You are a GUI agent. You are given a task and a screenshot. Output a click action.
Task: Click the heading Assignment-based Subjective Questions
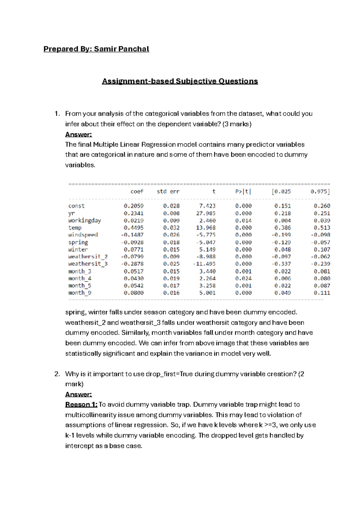[180, 81]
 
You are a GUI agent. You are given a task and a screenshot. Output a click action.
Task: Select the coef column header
[137, 191]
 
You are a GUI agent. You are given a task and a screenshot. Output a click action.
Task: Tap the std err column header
[168, 191]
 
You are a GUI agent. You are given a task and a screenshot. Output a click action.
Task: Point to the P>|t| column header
[243, 191]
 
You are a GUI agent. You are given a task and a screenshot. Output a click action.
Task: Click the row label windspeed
[83, 235]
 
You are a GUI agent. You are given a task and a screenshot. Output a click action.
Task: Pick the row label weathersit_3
[88, 264]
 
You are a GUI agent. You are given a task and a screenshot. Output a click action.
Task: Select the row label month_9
[80, 293]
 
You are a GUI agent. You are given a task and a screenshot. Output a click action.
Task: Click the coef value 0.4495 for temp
[133, 228]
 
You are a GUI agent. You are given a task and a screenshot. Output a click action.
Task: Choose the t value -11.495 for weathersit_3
[204, 264]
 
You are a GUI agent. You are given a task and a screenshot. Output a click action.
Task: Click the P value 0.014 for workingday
[243, 221]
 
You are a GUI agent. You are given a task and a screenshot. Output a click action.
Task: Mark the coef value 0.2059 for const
[133, 206]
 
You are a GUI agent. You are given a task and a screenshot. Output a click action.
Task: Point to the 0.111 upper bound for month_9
[322, 293]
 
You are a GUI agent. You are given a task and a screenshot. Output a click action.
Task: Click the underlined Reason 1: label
[81, 405]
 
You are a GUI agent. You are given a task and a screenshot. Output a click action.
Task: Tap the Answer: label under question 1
[79, 134]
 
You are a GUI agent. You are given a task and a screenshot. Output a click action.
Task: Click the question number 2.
[57, 374]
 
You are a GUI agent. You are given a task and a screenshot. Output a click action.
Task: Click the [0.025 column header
[281, 191]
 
